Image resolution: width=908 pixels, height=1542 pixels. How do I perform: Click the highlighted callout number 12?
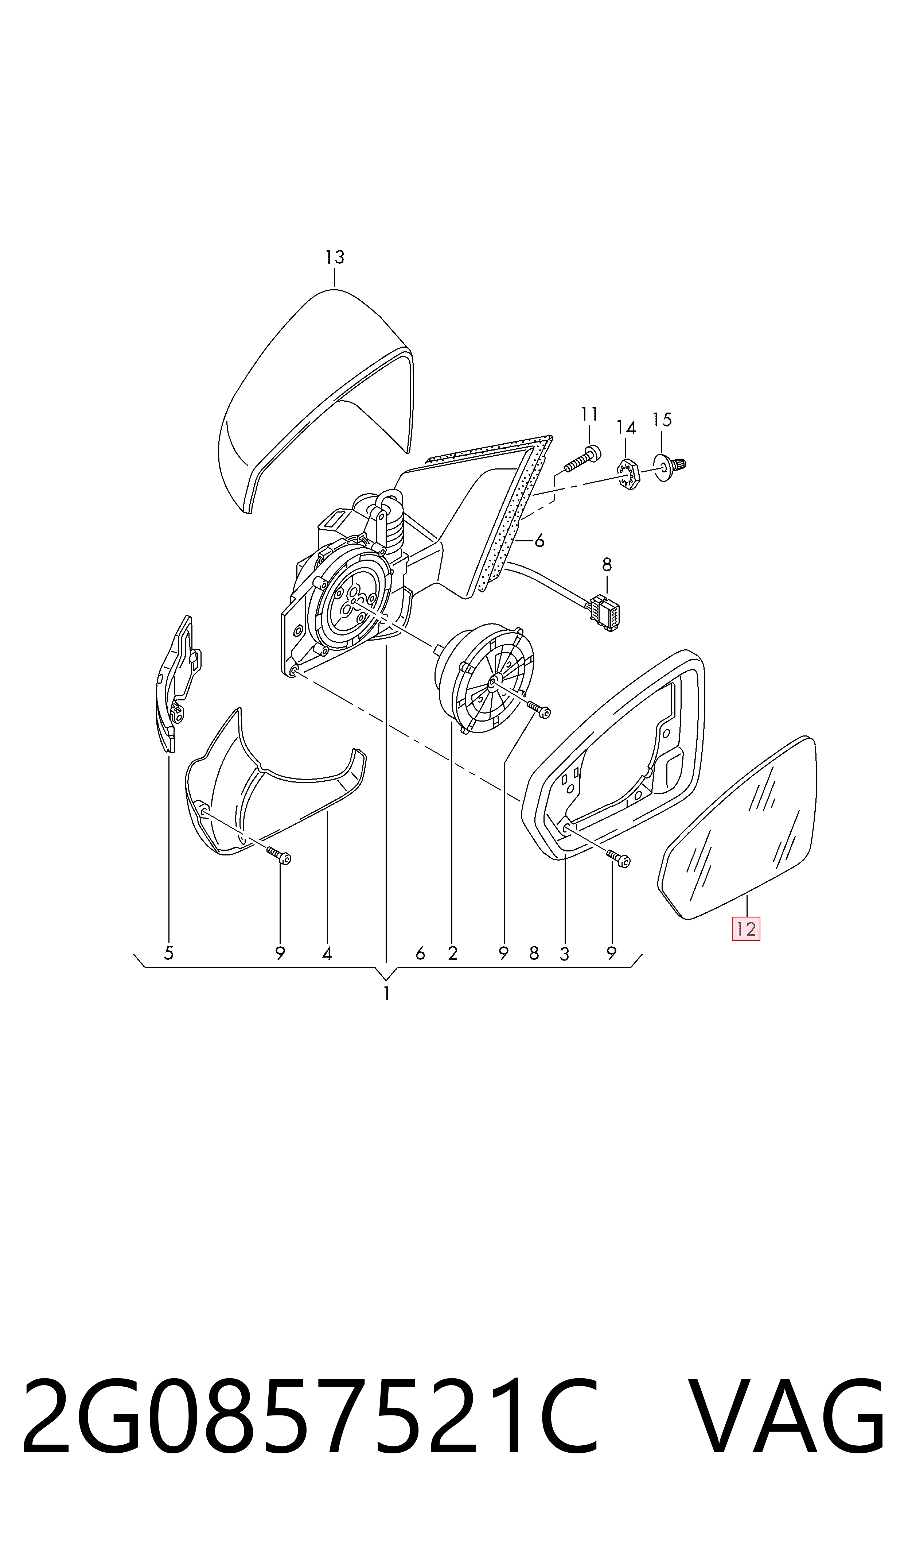click(746, 929)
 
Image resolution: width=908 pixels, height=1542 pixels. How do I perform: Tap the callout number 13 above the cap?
click(335, 257)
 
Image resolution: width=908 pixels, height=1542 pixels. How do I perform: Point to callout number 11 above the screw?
click(589, 414)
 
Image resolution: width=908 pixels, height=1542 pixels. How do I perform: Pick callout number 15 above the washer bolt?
click(662, 420)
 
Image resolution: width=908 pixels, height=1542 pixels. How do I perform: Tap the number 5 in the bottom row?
click(169, 953)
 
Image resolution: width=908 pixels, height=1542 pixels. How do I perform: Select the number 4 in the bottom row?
click(327, 953)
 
